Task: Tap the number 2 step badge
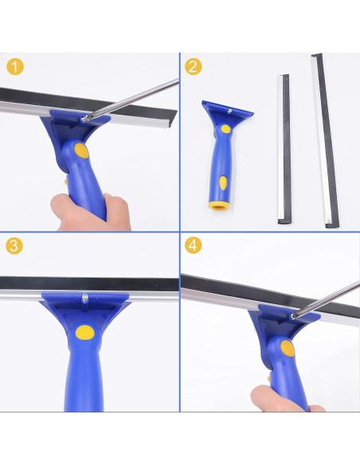pyautogui.click(x=193, y=67)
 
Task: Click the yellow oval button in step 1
pyautogui.click(x=80, y=150)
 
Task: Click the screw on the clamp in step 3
pyautogui.click(x=84, y=299)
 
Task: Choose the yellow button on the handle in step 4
pyautogui.click(x=287, y=348)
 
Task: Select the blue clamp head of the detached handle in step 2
pyautogui.click(x=226, y=112)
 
